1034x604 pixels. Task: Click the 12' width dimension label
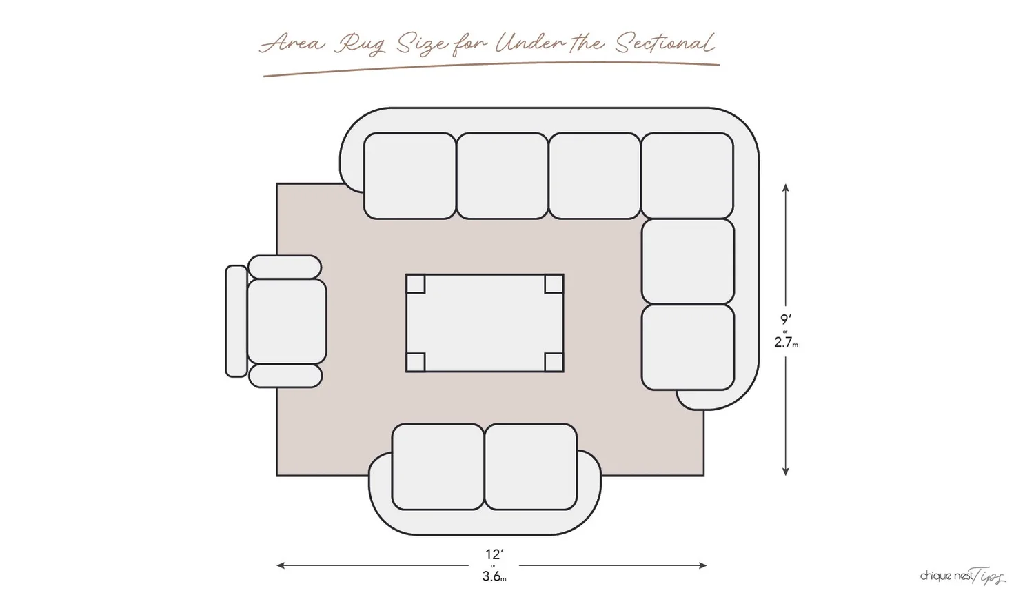[x=494, y=554]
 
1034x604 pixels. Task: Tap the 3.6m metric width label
[x=494, y=577]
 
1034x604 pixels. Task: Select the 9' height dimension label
[x=786, y=319]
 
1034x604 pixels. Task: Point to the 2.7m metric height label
[x=786, y=342]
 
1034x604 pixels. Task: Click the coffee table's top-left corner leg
[x=416, y=284]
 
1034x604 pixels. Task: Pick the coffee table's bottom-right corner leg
[x=554, y=362]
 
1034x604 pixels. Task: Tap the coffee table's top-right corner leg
[x=554, y=284]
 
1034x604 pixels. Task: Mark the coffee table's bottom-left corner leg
[x=416, y=362]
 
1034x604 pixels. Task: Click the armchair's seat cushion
[x=287, y=321]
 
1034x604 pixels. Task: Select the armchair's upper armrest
[x=285, y=267]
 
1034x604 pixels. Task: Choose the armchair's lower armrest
[x=285, y=376]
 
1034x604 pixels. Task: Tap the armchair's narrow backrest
[x=236, y=321]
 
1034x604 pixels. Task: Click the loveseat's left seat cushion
[x=438, y=467]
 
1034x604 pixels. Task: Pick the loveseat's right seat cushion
[x=531, y=467]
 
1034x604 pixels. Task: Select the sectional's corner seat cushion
[x=687, y=176]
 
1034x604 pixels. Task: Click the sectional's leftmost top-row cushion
[x=409, y=176]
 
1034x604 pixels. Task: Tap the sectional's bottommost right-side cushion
[x=687, y=348]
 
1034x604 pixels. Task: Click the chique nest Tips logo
[x=962, y=576]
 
